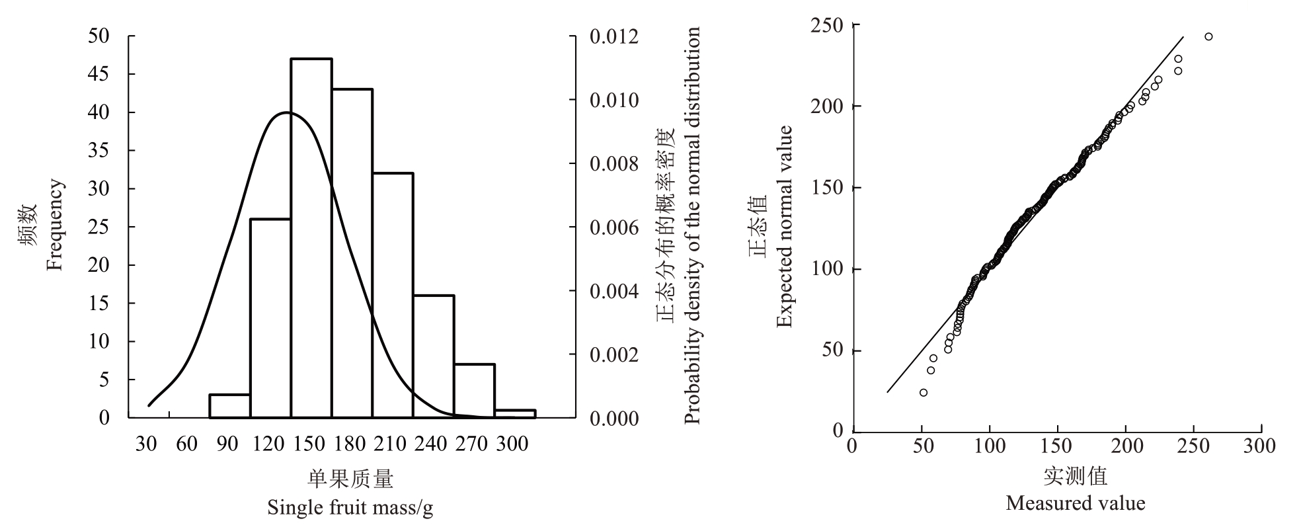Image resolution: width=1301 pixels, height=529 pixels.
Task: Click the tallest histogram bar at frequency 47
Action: (x=311, y=238)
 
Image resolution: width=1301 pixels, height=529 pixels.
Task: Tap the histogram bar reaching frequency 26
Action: (x=270, y=318)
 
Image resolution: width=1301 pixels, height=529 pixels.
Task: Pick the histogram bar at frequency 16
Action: (x=434, y=356)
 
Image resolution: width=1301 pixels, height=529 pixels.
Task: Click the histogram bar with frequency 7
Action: (x=475, y=391)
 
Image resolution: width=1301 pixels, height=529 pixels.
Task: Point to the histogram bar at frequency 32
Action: (x=393, y=295)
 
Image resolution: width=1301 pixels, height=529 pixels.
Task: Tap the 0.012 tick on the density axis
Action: (x=614, y=37)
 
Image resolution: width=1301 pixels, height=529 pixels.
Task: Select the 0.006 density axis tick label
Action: (x=614, y=228)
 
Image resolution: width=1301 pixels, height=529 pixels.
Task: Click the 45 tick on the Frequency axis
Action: (x=99, y=75)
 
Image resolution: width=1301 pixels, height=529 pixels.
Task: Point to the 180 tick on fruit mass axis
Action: (x=349, y=444)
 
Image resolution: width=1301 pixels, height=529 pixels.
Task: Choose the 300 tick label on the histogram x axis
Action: (x=512, y=444)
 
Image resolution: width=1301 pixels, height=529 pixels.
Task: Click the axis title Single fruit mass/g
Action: (x=350, y=508)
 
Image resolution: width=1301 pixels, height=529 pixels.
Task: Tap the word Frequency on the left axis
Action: (x=55, y=225)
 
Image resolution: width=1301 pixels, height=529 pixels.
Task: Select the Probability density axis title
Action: (x=691, y=225)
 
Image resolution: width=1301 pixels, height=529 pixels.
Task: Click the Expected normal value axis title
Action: (x=784, y=226)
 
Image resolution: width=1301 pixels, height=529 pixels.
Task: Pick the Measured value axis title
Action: (x=1075, y=503)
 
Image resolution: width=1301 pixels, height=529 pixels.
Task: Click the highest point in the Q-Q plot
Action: (x=1208, y=36)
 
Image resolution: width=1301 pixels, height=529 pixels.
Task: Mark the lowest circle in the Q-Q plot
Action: (x=924, y=393)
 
